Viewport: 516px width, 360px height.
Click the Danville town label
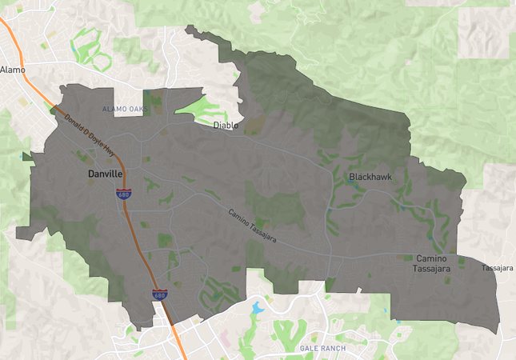coord(105,173)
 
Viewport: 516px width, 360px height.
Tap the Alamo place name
coord(13,70)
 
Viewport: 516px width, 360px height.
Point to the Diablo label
coord(226,126)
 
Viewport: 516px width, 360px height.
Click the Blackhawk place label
coord(370,177)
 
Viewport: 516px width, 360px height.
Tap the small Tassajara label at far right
coord(497,268)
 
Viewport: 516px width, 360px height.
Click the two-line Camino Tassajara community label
coord(433,264)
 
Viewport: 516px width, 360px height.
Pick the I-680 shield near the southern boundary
coord(160,295)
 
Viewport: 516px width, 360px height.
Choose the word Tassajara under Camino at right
coord(433,270)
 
